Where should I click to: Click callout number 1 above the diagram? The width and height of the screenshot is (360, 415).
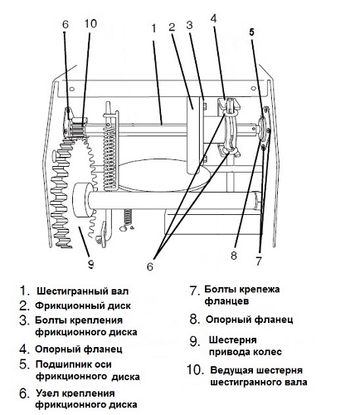pyautogui.click(x=153, y=27)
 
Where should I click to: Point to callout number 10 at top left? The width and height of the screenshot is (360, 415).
pyautogui.click(x=90, y=22)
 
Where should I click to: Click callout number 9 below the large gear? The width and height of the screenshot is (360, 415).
pyautogui.click(x=90, y=264)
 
